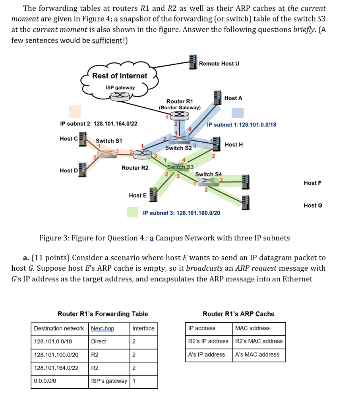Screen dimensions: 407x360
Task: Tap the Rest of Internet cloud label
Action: point(120,76)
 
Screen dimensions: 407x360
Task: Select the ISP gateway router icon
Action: point(120,95)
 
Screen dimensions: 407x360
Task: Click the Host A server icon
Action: point(217,97)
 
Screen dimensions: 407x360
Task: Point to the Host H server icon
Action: point(217,143)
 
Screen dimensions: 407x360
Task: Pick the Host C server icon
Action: point(83,139)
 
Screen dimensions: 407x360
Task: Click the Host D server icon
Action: point(83,170)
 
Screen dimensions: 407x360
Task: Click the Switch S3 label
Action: point(180,167)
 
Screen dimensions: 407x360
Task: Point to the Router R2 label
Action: point(135,168)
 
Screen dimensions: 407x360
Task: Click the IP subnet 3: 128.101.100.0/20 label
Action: point(181,213)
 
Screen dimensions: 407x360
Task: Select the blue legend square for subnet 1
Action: point(238,113)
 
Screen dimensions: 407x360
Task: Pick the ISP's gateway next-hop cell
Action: point(108,381)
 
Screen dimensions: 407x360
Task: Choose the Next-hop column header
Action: point(103,328)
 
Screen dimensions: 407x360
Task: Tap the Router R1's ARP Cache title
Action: point(238,314)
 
